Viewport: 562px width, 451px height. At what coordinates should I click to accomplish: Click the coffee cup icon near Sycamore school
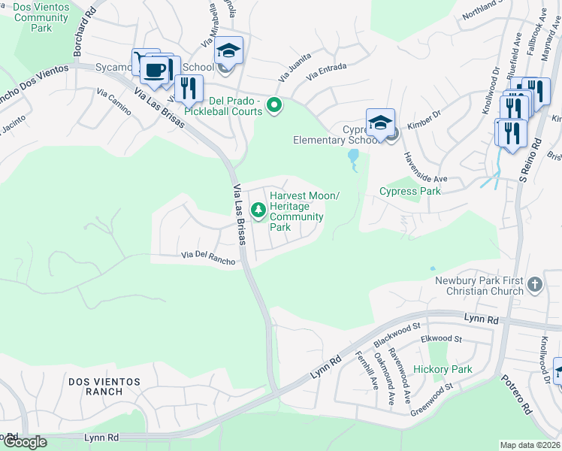tap(154, 70)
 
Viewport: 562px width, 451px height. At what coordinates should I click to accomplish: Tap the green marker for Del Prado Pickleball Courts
tap(275, 106)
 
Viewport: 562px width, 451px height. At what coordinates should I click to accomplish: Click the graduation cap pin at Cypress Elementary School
tap(380, 123)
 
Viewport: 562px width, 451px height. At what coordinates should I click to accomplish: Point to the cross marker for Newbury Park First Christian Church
tap(534, 285)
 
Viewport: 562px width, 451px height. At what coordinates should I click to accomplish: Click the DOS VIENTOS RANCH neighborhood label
tap(104, 386)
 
